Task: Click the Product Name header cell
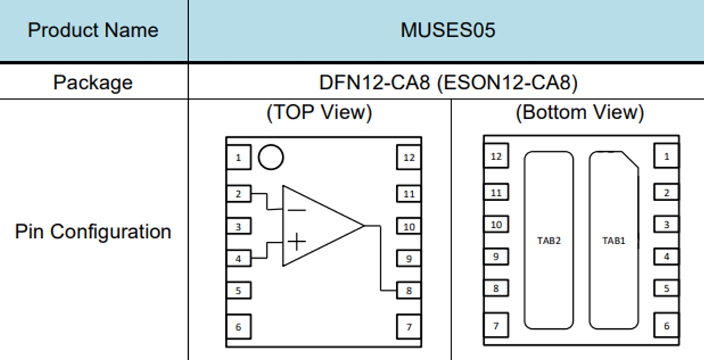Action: [x=93, y=30]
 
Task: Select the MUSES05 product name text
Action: [x=448, y=30]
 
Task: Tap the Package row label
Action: [x=93, y=82]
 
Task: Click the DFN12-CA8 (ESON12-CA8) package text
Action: [x=448, y=82]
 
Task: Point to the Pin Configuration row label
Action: [x=93, y=232]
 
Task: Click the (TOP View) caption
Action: [x=319, y=112]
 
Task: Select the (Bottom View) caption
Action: [x=579, y=112]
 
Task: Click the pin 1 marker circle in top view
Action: [x=270, y=158]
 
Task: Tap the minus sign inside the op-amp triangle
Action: [x=296, y=210]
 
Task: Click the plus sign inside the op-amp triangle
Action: [x=296, y=241]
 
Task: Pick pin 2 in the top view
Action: [x=239, y=194]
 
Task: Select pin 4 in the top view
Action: [x=239, y=258]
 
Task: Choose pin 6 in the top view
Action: [x=239, y=327]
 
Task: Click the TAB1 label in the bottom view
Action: [x=613, y=240]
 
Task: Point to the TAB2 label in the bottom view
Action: [x=549, y=240]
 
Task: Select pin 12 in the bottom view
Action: [x=496, y=156]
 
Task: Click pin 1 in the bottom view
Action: [x=666, y=156]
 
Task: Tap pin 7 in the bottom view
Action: [x=496, y=326]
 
